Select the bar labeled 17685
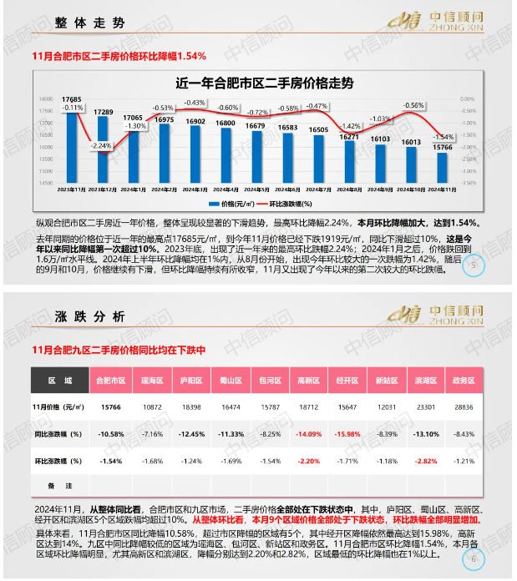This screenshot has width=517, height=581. click(x=72, y=150)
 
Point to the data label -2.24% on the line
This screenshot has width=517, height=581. click(x=102, y=145)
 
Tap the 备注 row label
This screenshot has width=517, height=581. click(x=58, y=485)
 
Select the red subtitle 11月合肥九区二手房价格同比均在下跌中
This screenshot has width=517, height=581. click(x=118, y=349)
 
